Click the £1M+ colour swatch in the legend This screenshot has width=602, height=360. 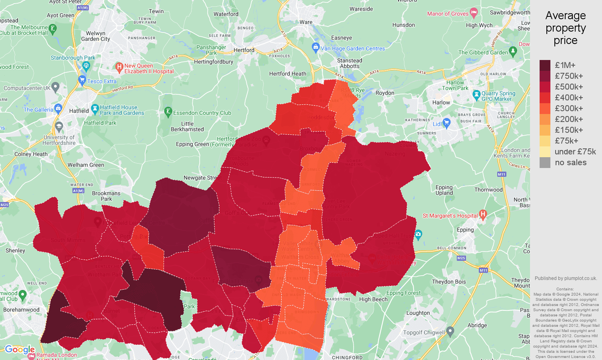[545, 65]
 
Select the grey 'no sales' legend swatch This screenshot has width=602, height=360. [545, 162]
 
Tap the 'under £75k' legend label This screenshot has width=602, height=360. [575, 152]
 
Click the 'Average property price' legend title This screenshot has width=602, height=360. [565, 28]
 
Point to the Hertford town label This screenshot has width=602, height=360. [244, 50]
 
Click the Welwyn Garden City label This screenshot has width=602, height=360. [96, 36]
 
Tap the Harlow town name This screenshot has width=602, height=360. [441, 102]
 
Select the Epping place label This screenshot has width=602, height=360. [465, 230]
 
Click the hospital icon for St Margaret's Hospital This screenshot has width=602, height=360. [483, 215]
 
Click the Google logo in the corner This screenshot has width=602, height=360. [20, 350]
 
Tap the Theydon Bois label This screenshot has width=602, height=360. [449, 282]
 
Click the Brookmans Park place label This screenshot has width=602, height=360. [106, 196]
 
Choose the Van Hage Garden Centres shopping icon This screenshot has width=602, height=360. [316, 47]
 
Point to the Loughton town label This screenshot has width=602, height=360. [418, 313]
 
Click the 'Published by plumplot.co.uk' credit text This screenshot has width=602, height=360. [566, 278]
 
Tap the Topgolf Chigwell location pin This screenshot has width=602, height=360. [450, 331]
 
